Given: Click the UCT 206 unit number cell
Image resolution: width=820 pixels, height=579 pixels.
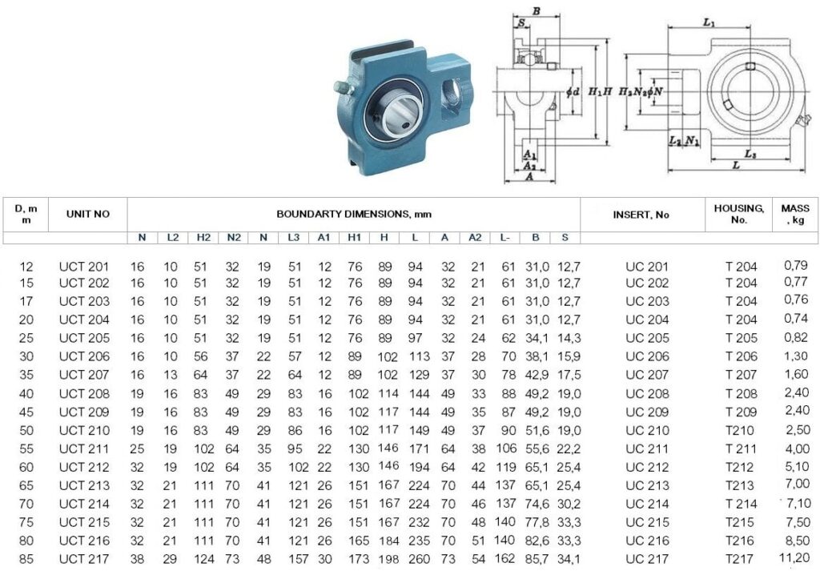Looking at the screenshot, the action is (x=83, y=356).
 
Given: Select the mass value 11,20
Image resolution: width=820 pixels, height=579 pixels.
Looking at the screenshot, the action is (x=794, y=557).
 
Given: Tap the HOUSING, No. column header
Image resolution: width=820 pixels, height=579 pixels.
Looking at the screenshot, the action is (x=739, y=214).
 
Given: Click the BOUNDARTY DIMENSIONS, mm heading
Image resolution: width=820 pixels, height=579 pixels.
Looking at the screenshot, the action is (x=354, y=214).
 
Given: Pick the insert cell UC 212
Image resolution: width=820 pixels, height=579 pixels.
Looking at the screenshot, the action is (x=647, y=467).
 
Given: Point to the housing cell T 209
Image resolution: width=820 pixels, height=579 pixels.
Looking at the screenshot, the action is (x=741, y=412).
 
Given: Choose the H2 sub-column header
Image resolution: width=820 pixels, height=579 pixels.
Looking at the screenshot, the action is (x=203, y=238).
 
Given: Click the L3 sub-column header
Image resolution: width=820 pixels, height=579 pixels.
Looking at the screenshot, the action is (x=293, y=238).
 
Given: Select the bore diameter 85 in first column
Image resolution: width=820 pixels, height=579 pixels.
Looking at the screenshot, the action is (x=26, y=559).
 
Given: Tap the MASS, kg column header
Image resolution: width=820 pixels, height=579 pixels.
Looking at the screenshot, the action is (x=795, y=214).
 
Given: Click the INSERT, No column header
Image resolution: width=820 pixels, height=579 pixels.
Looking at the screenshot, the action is (x=641, y=215).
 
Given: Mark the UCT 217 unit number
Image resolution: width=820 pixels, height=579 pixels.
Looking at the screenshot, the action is (x=83, y=559).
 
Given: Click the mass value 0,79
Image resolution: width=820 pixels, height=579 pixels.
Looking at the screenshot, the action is (x=795, y=265).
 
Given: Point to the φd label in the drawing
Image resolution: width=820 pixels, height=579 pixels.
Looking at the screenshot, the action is (x=573, y=92).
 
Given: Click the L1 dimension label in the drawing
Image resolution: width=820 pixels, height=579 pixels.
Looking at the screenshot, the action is (x=709, y=22).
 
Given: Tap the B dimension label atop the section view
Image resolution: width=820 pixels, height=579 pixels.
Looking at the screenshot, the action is (x=536, y=11).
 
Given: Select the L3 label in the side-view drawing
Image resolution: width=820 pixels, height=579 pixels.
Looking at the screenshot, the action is (x=750, y=154).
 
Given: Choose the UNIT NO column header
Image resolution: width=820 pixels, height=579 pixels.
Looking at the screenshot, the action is (x=88, y=214).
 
